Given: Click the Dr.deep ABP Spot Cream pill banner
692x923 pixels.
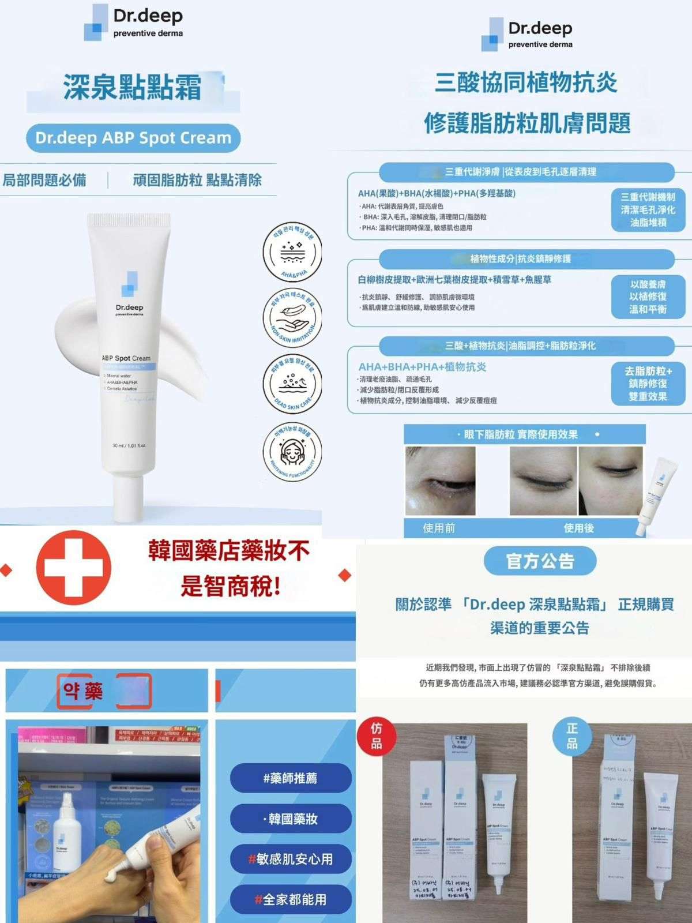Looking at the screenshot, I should pos(133,138).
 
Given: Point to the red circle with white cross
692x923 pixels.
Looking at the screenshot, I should pos(74,564).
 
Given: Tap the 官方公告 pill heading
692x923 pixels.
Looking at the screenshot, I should pos(540,561).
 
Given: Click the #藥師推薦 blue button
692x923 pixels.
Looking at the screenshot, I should pos(291,778).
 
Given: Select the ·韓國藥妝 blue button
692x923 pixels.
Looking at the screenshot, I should pos(291,819).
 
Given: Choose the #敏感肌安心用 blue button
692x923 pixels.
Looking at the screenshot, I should pos(291,859).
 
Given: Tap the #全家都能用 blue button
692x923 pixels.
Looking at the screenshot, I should pos(291,899).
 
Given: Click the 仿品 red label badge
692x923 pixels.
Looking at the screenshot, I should pos(376,736).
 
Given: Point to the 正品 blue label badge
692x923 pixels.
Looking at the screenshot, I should pos(571,736).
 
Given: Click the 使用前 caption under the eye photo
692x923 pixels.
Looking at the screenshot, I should pos(439,528).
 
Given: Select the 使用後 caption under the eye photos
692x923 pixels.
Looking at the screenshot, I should pos(578,528).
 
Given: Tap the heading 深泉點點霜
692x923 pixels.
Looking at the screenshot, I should pos(132,88).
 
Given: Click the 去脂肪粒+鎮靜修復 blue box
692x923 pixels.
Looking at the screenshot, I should pos(648,383).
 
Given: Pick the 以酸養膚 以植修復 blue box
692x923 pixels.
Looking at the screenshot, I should pos(648,297).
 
